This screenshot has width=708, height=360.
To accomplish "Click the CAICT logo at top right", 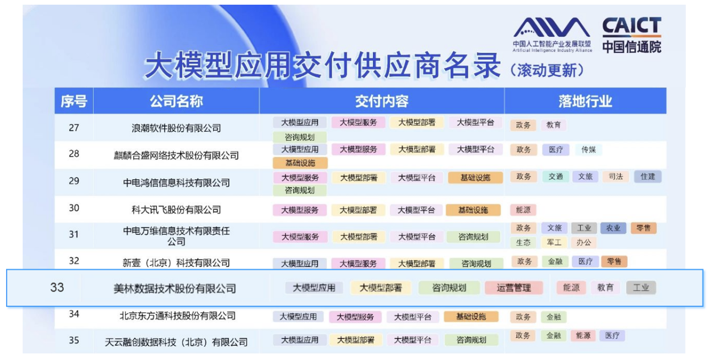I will (x=632, y=35).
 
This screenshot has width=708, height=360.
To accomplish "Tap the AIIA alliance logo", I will (x=552, y=34).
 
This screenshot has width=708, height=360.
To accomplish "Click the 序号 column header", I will (x=74, y=101).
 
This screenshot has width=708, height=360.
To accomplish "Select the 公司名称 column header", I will (x=176, y=101).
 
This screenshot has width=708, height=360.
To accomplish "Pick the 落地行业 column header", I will (x=585, y=101).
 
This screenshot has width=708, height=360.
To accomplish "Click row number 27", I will (x=74, y=127).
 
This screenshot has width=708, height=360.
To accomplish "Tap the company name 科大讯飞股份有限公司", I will (x=176, y=210).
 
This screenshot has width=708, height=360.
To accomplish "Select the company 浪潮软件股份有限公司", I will (x=176, y=128).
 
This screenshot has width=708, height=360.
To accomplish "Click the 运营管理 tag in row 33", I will (x=514, y=287).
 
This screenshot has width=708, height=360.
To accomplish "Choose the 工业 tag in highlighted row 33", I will (x=641, y=287).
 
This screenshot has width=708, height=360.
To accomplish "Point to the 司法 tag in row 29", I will (x=616, y=177).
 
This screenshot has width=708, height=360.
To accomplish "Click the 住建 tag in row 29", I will (x=648, y=177).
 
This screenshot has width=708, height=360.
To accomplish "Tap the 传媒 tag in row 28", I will (x=588, y=150).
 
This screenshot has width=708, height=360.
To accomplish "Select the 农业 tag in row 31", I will (x=613, y=228).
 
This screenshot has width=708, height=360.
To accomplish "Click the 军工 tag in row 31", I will (x=554, y=242).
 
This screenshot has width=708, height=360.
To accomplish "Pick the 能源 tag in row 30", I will (x=523, y=210).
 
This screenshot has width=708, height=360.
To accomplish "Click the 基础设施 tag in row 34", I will (x=471, y=316).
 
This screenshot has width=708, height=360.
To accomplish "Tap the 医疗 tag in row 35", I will (x=612, y=336).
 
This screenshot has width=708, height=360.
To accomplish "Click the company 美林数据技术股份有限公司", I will (x=175, y=288).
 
